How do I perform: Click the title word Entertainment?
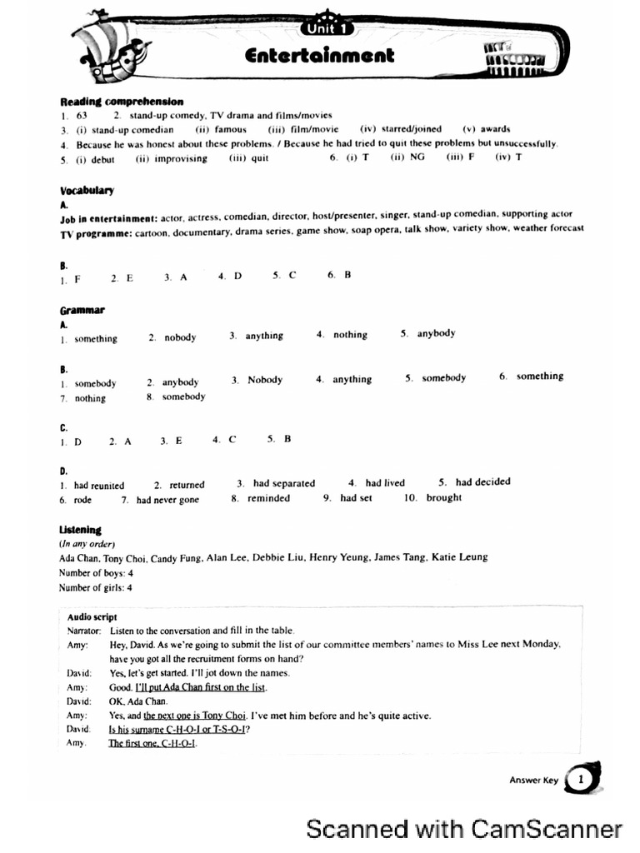click(319, 56)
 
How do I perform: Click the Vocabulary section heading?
click(87, 190)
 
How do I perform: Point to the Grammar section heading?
click(82, 311)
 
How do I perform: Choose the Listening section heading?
click(80, 530)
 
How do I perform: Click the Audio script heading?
click(92, 617)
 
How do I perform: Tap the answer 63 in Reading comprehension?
click(82, 115)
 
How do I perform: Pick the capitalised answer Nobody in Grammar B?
click(264, 380)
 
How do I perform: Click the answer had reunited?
click(99, 485)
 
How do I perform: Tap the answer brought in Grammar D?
click(443, 498)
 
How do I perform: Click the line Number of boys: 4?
click(96, 573)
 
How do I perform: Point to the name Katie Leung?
click(459, 557)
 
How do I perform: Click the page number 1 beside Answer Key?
click(581, 780)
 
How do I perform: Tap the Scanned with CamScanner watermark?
click(464, 829)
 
